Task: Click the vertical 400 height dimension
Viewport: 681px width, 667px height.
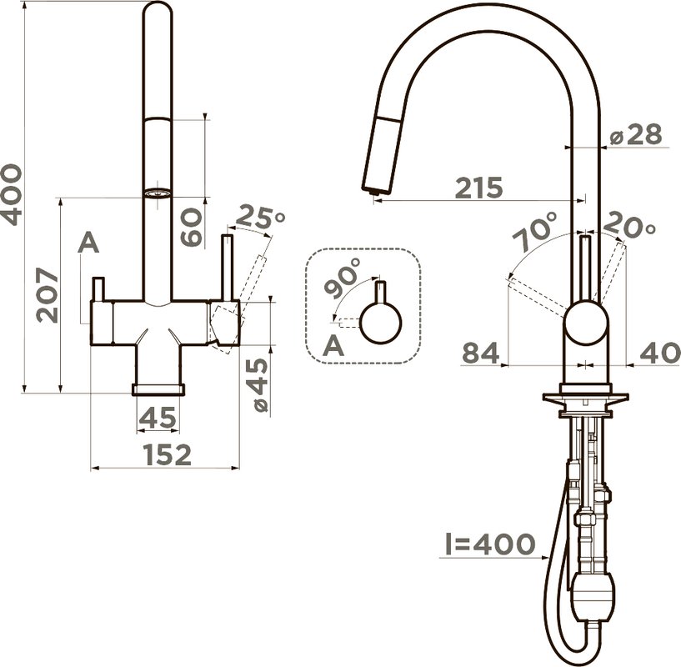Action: click(11, 194)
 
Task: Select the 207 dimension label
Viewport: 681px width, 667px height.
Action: click(47, 295)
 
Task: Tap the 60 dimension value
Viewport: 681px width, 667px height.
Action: click(191, 228)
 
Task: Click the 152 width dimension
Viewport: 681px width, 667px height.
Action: click(168, 454)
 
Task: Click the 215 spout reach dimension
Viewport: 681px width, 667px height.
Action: click(479, 188)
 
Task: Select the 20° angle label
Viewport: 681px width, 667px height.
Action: click(628, 224)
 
